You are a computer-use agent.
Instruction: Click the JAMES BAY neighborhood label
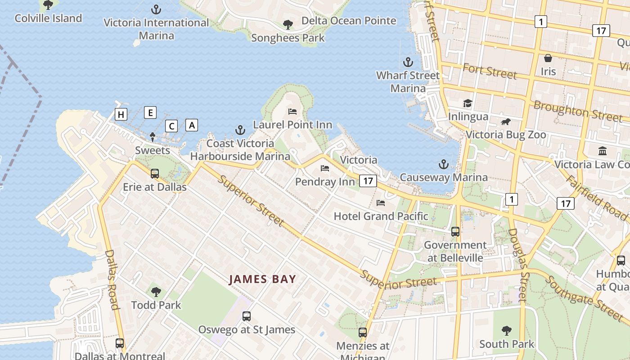(x=263, y=279)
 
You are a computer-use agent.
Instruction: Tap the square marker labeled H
(x=121, y=115)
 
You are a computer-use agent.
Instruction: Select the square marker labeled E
(x=150, y=112)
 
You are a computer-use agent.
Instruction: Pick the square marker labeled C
(x=171, y=126)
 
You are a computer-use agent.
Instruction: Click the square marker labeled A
(x=192, y=125)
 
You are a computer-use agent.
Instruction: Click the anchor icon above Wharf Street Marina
(x=408, y=62)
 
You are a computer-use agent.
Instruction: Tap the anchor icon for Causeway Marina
(x=444, y=164)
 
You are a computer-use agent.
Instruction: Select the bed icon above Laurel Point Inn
(x=292, y=111)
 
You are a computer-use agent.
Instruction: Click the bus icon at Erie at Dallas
(x=155, y=173)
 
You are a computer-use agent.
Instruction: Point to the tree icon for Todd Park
(x=156, y=292)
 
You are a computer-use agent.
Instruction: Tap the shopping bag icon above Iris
(x=548, y=58)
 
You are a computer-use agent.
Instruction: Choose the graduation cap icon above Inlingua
(x=468, y=103)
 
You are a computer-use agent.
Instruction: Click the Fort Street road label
(x=490, y=71)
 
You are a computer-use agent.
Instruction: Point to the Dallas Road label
(x=112, y=279)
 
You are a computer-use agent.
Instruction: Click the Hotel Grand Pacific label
(x=381, y=216)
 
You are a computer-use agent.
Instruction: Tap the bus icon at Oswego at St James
(x=247, y=316)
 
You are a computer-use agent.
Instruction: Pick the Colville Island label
(x=48, y=18)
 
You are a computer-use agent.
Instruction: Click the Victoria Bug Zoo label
(x=506, y=135)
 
